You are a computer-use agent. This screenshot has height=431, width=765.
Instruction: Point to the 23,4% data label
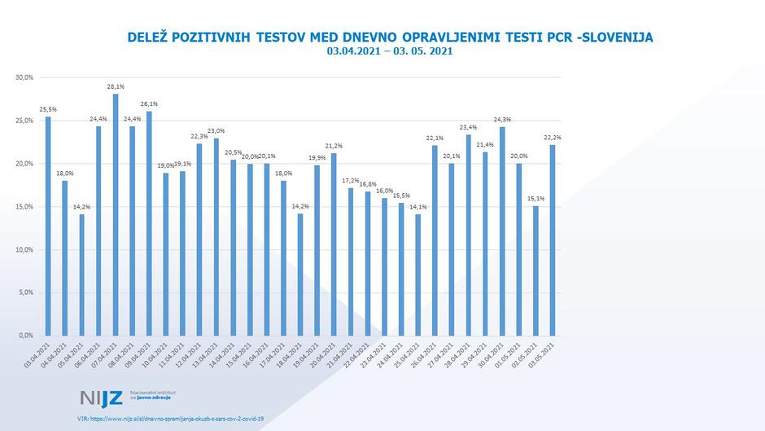[469, 127]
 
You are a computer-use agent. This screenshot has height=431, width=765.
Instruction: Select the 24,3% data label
[502, 119]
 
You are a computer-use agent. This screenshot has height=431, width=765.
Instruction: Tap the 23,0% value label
[216, 130]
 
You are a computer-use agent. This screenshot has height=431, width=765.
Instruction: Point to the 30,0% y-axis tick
[24, 77]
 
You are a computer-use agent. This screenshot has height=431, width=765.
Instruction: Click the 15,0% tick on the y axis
[24, 206]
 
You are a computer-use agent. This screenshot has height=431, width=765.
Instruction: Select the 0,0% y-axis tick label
[26, 335]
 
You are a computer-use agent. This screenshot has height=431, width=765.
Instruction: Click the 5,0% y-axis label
[26, 292]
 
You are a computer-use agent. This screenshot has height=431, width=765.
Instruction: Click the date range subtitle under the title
[389, 51]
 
